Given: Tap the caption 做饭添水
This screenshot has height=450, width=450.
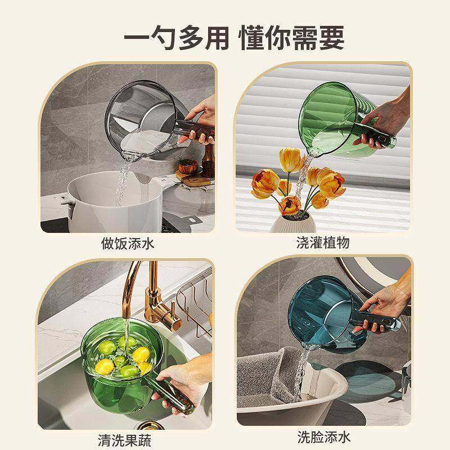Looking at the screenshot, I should (x=127, y=244).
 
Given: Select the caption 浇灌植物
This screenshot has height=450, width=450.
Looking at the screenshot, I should (x=323, y=244).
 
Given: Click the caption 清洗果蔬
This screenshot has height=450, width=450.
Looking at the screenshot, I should (x=124, y=439).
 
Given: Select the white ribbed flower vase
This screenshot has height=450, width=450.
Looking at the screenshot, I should (x=292, y=222).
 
